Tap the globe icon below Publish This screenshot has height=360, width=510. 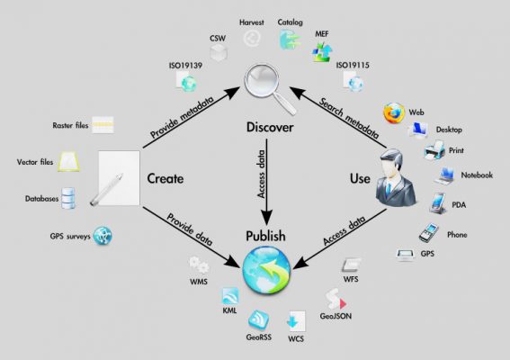click(x=266, y=270)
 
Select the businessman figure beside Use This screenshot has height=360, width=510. click(x=396, y=177)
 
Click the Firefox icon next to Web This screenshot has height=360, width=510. click(x=394, y=112)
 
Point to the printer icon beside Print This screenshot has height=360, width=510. click(x=434, y=150)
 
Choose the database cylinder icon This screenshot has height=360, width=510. click(x=68, y=198)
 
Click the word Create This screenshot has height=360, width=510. click(x=166, y=179)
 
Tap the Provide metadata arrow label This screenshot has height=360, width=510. click(x=182, y=117)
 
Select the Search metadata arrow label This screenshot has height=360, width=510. click(x=349, y=118)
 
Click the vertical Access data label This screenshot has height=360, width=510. click(x=261, y=174)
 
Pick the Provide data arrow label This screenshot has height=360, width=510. click(x=190, y=229)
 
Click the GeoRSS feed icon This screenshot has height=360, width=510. click(x=258, y=320)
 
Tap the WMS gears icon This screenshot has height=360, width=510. click(x=199, y=265)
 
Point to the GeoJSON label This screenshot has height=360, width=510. click(x=336, y=316)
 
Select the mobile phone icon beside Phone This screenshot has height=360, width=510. click(x=429, y=233)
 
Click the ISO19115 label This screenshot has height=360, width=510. click(x=353, y=65)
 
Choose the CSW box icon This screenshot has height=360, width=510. click(x=219, y=52)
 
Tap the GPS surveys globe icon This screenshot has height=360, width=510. click(x=103, y=236)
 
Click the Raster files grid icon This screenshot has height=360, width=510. click(x=103, y=125)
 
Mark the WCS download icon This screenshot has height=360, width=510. click(x=296, y=321)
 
